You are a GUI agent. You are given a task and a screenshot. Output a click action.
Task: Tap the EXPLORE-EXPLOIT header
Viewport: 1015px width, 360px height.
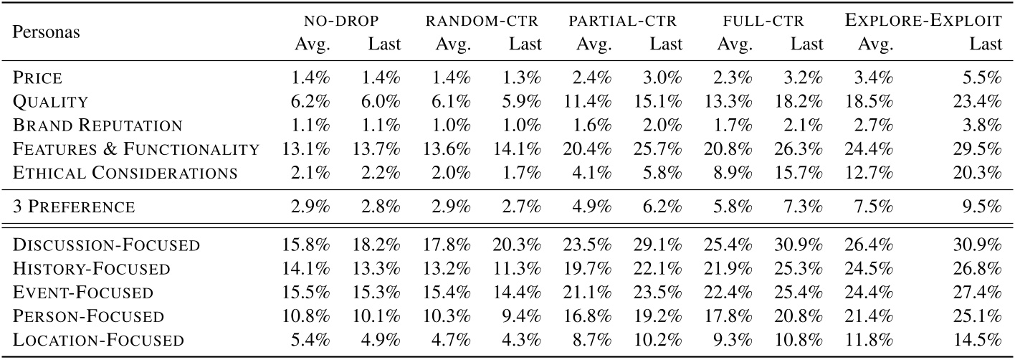[923, 22]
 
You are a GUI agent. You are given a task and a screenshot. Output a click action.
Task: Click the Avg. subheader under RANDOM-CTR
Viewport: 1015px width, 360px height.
[452, 44]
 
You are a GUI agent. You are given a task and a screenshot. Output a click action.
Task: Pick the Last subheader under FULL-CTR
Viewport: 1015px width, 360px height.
[806, 44]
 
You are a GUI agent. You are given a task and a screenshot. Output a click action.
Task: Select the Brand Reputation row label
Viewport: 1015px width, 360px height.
[98, 125]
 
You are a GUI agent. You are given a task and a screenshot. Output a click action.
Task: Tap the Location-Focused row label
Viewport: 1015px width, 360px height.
[98, 339]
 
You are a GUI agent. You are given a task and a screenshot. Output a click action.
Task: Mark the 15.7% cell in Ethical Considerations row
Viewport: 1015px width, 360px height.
[804, 172]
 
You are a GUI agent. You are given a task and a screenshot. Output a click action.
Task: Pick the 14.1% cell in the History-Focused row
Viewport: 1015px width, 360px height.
[312, 268]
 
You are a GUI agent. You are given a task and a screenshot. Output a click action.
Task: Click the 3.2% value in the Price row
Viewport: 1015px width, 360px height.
[806, 78]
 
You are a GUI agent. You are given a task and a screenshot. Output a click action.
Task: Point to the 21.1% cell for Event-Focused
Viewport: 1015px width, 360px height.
[593, 292]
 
